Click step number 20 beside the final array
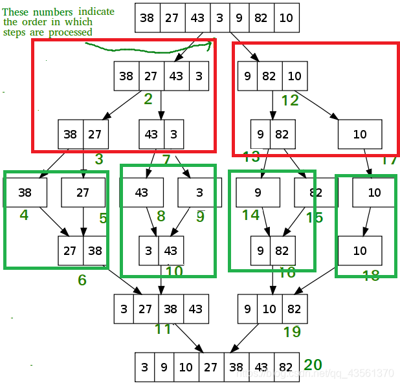[x=313, y=365]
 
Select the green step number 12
[x=290, y=100]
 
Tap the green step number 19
[x=292, y=332]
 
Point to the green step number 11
[x=162, y=329]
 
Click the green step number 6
[x=82, y=280]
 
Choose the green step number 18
[x=371, y=276]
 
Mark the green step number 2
[x=148, y=98]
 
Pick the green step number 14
[x=250, y=215]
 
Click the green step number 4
[x=24, y=215]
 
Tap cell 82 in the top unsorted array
[x=261, y=17]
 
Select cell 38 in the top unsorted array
[x=147, y=17]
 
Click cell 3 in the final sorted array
[x=144, y=368]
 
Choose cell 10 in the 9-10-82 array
[x=269, y=309]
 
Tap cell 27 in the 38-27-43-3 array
[x=151, y=76]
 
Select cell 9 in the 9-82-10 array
[x=247, y=76]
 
